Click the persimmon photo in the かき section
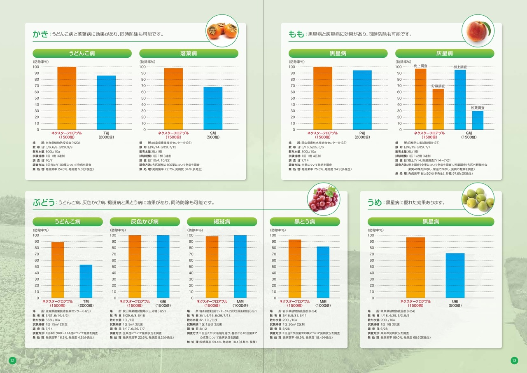(x=222, y=30)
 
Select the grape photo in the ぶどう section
(x=324, y=199)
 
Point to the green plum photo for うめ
(x=478, y=199)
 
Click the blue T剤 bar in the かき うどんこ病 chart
(x=106, y=103)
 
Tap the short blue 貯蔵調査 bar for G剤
(x=478, y=120)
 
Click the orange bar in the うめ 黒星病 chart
(x=415, y=267)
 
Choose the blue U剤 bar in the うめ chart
(x=455, y=276)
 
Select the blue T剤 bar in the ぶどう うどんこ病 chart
(x=86, y=282)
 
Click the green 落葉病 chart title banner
(x=189, y=54)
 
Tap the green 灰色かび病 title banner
(x=145, y=222)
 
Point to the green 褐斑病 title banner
(x=222, y=222)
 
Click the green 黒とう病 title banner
(x=304, y=222)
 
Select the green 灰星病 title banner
(x=445, y=54)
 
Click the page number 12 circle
(x=12, y=361)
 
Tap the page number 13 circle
(x=514, y=361)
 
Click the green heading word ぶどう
(x=44, y=202)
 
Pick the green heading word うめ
(x=375, y=202)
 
